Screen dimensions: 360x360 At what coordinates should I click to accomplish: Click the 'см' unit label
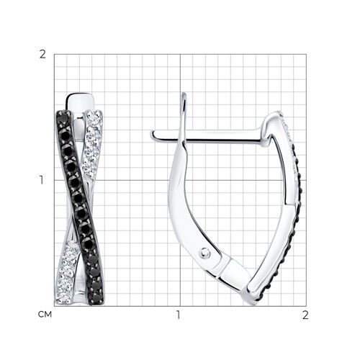(45, 315)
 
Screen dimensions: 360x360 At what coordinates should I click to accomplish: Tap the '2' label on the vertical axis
(42, 55)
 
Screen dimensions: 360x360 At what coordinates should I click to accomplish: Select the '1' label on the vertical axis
(42, 180)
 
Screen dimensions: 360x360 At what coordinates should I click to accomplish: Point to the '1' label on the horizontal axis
(178, 315)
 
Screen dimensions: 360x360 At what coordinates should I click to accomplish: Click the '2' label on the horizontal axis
(305, 315)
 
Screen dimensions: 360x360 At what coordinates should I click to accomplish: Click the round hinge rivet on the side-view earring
(204, 253)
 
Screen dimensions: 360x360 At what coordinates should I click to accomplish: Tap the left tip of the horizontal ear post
(152, 134)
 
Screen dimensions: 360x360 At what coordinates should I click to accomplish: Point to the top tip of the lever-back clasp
(184, 94)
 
